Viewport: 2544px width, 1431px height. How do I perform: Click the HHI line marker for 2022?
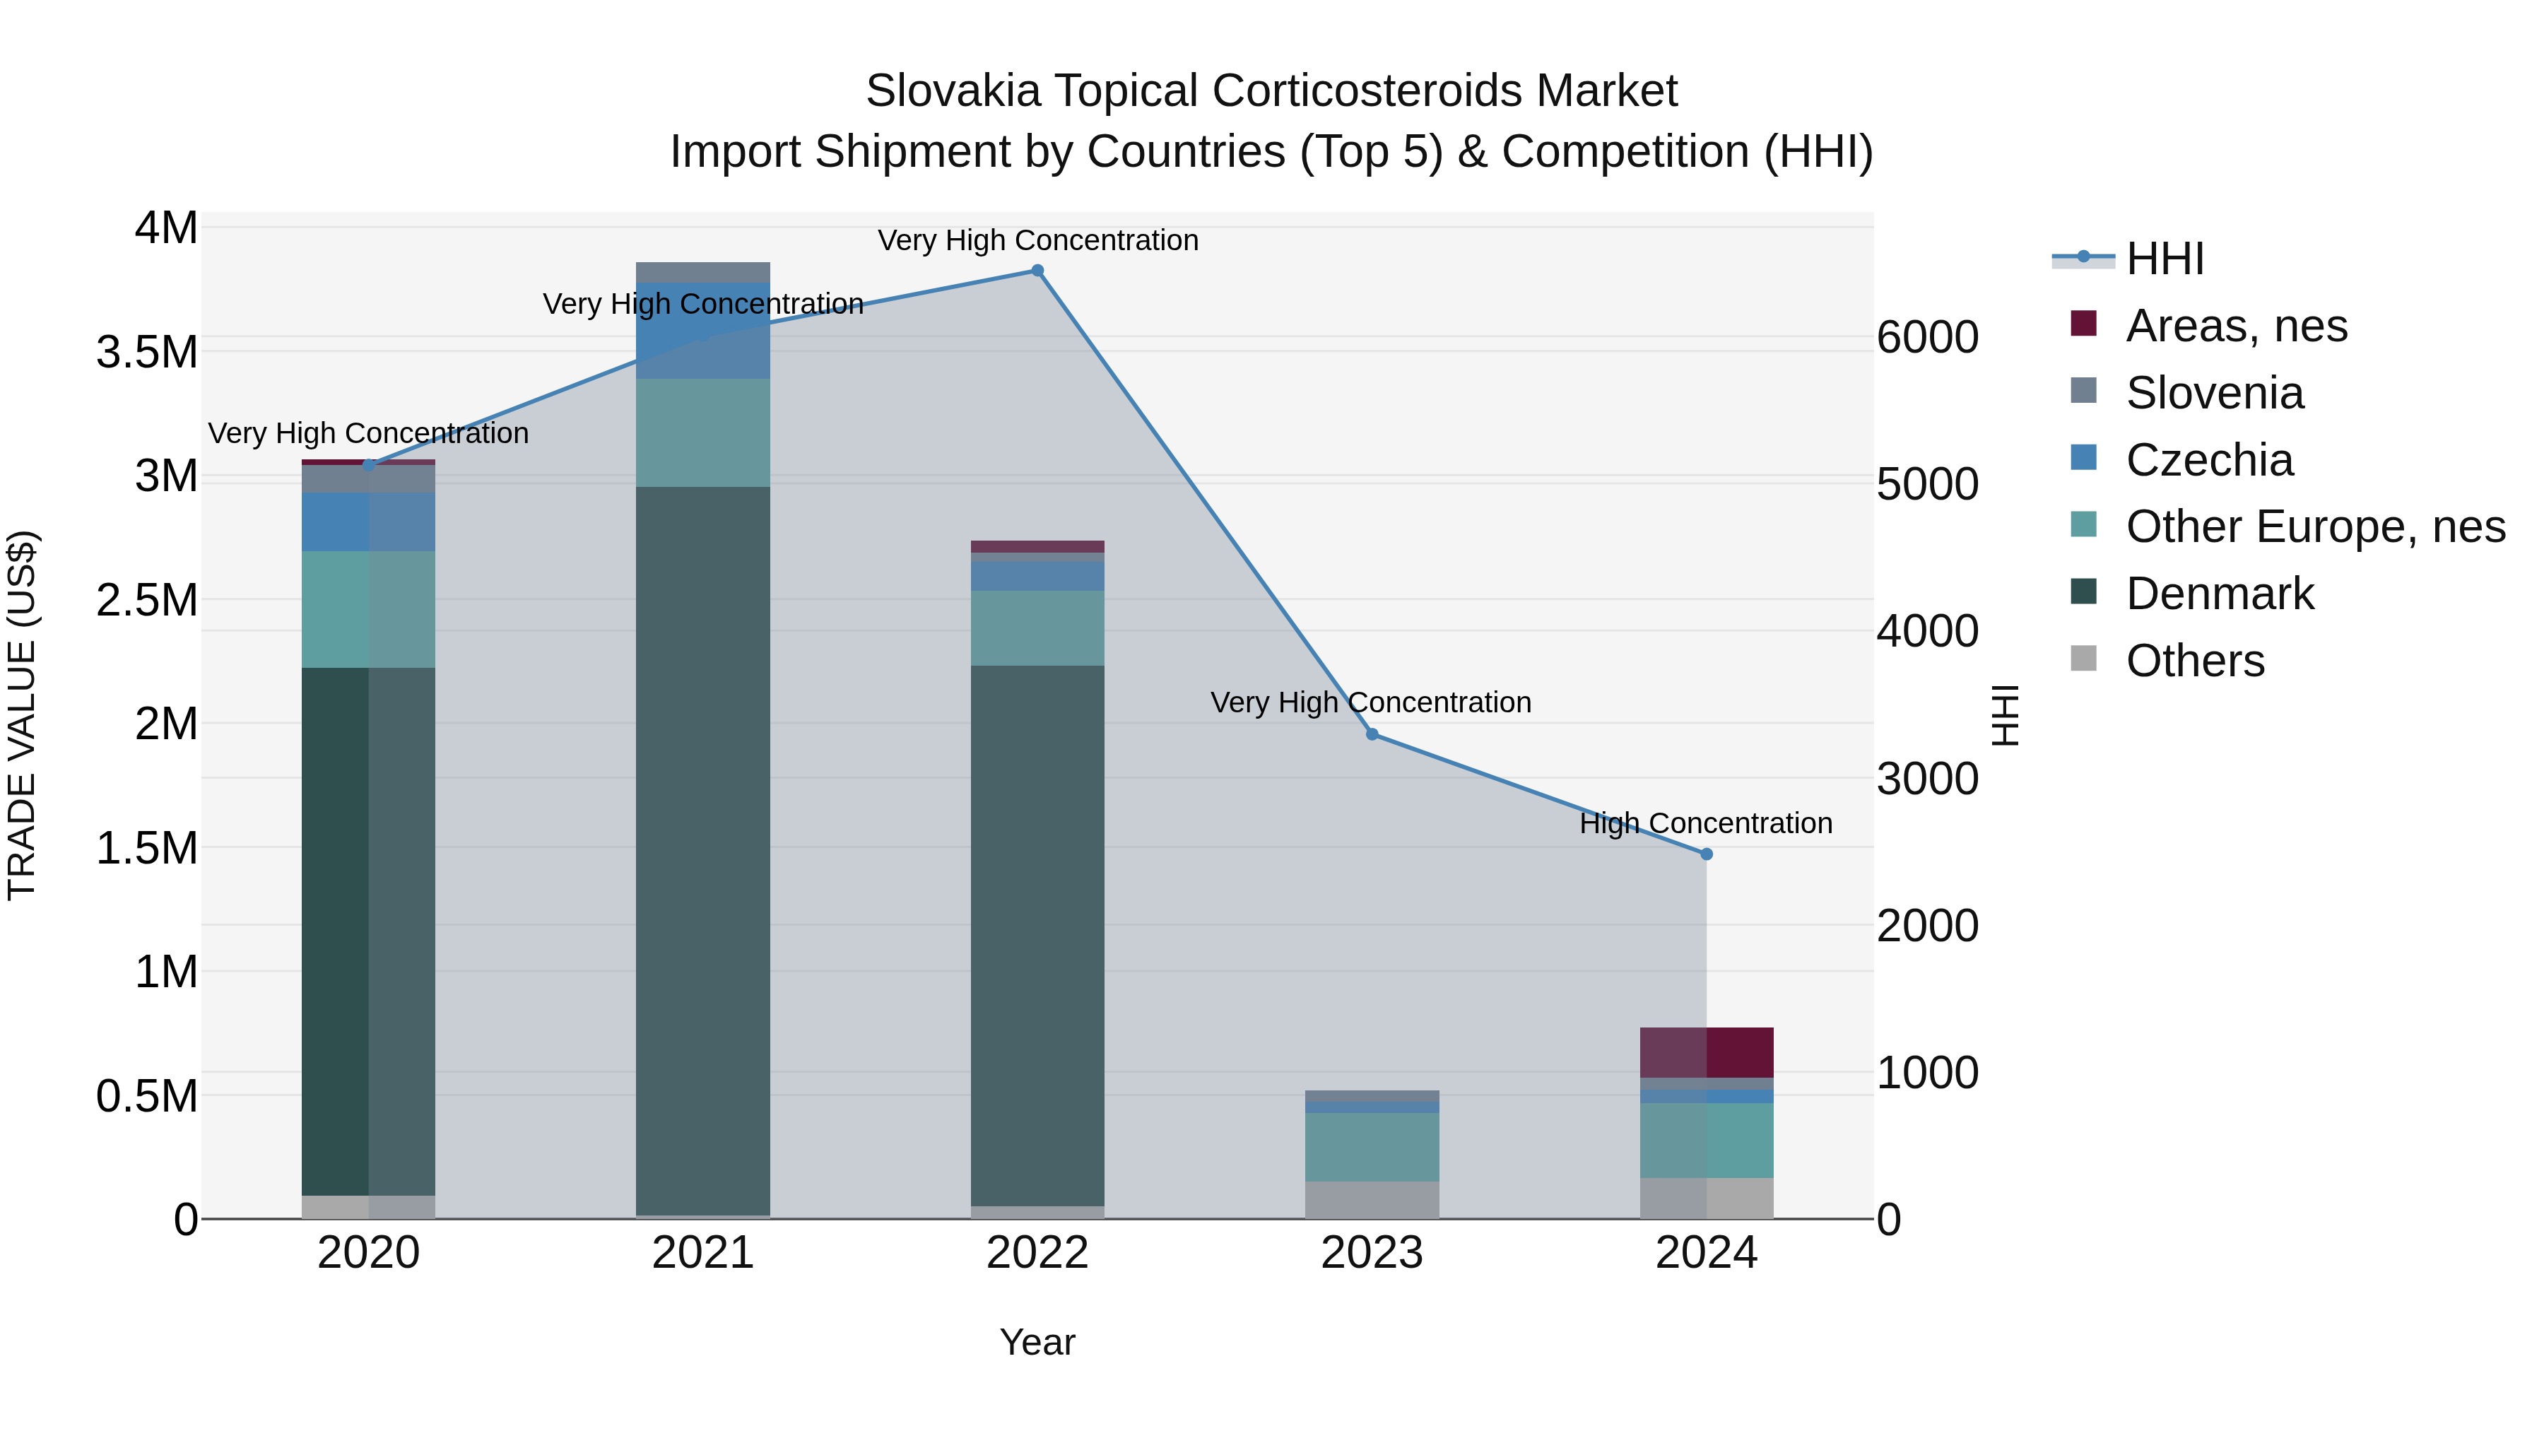(x=1037, y=271)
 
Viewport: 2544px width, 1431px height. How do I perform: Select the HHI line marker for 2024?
(x=1706, y=854)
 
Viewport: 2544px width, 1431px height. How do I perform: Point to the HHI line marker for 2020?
(x=368, y=464)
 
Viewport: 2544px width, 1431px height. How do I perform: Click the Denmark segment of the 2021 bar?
(x=702, y=849)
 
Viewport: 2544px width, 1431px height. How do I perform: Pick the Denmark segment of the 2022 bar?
(x=1037, y=934)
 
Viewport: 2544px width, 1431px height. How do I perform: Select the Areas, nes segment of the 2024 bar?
(x=1706, y=1052)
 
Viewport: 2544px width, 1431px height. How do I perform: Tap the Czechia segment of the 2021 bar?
(x=702, y=331)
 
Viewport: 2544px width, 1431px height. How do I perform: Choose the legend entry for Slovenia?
(x=2214, y=393)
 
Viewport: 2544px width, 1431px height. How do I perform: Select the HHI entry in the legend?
(x=2164, y=259)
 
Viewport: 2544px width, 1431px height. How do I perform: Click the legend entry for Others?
(x=2194, y=661)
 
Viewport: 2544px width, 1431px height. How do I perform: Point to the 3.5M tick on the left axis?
(x=147, y=353)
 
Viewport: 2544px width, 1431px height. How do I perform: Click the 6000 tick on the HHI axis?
(x=1927, y=338)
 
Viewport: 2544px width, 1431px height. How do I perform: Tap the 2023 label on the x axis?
(x=1372, y=1253)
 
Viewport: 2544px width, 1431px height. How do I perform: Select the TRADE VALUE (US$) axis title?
(x=22, y=715)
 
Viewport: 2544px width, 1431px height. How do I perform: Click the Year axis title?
(x=1037, y=1342)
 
